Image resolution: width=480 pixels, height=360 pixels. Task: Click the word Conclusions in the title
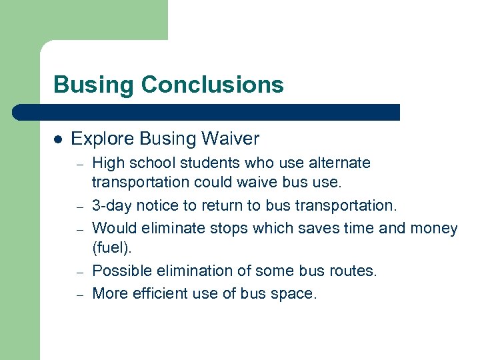[213, 85]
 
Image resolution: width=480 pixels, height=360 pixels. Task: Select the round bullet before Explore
[58, 139]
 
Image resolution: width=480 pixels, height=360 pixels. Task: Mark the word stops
[227, 229]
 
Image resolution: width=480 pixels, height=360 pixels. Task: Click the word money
[434, 229]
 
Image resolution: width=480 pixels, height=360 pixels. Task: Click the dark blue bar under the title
[207, 112]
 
